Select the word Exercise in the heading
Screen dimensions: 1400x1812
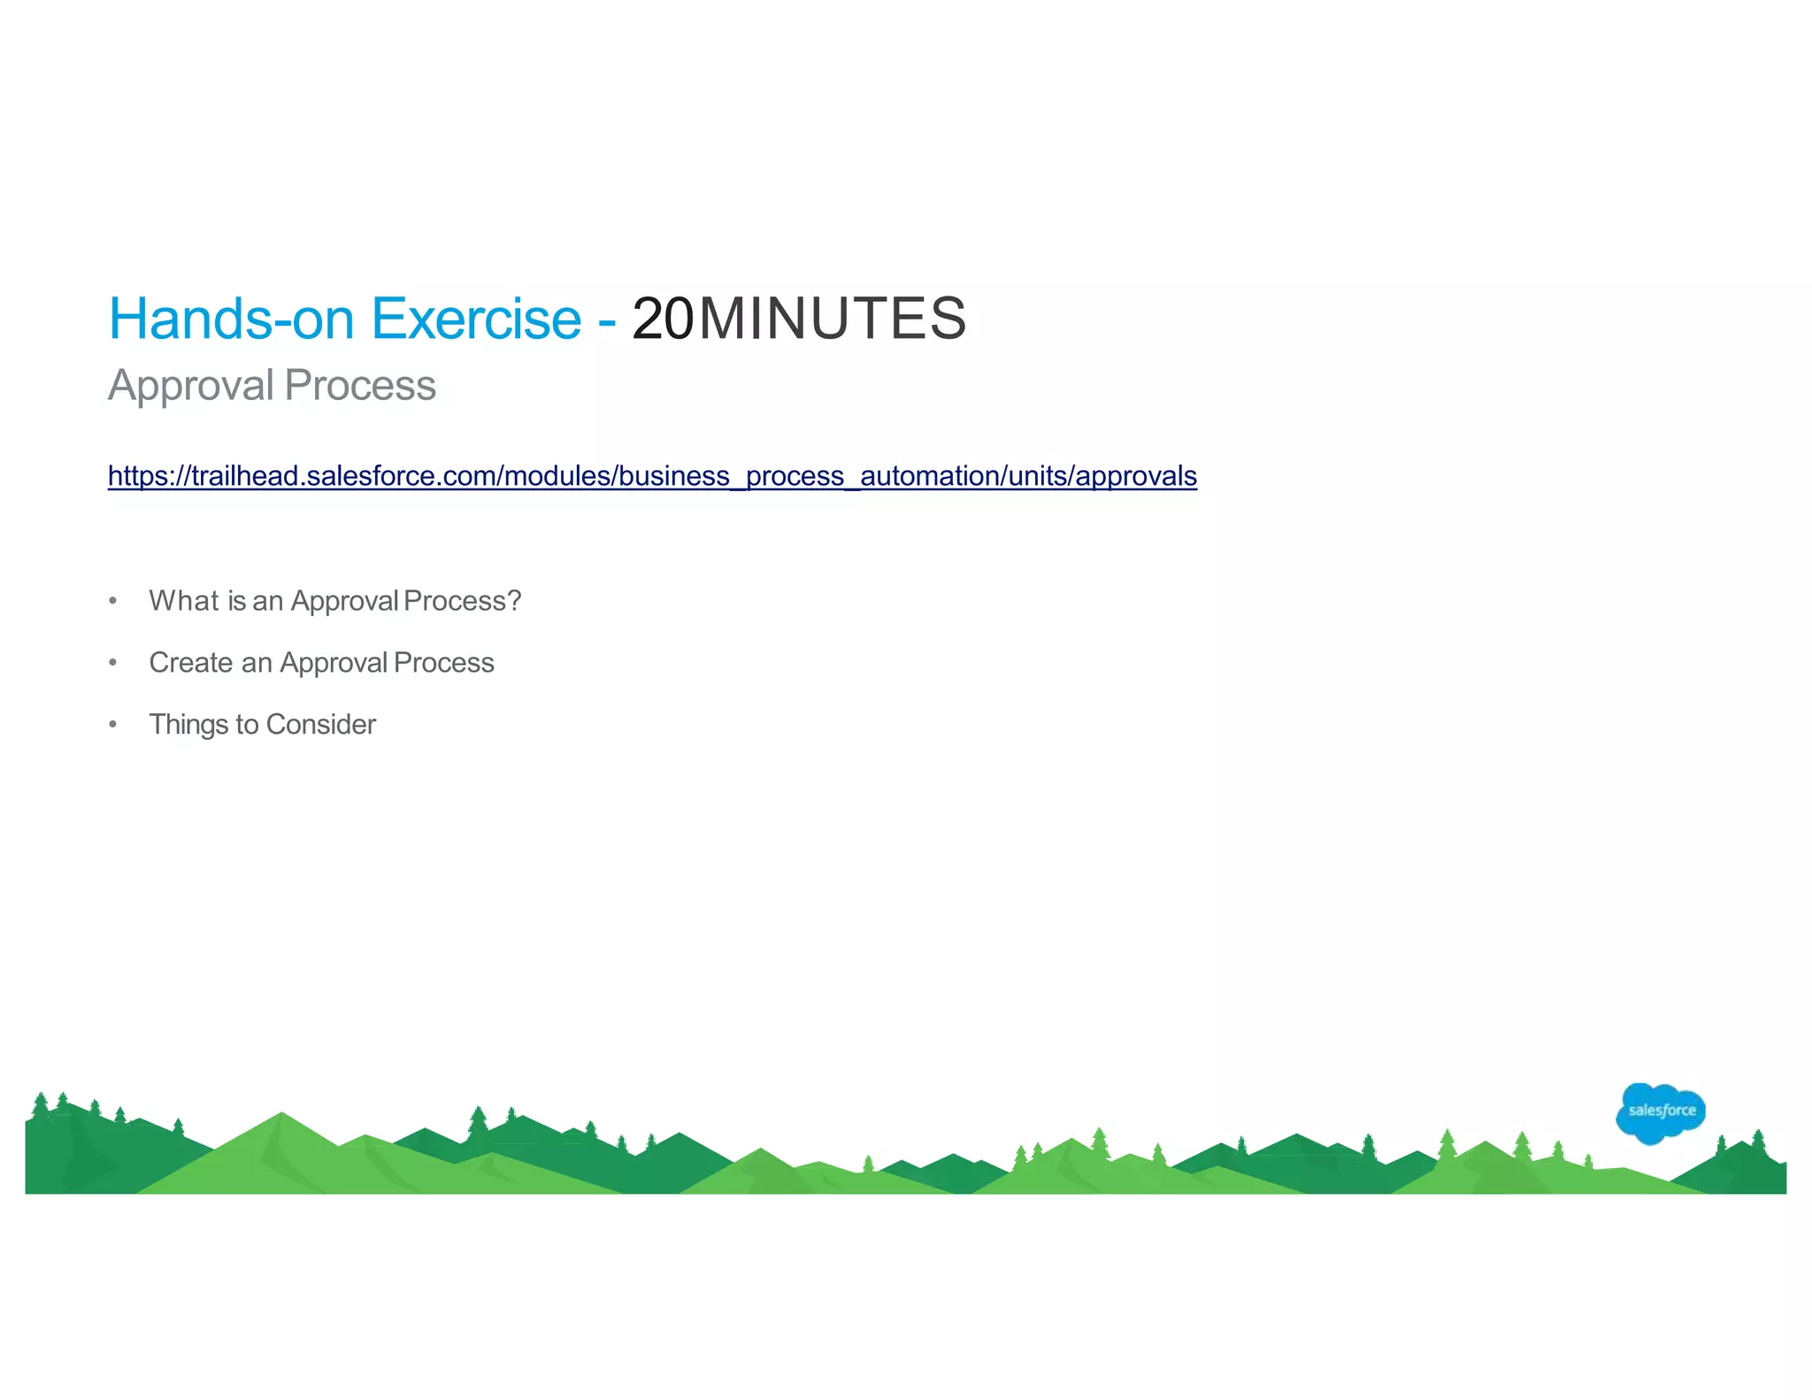(476, 319)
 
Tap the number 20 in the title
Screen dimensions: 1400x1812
(663, 319)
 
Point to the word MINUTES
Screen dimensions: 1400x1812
(833, 319)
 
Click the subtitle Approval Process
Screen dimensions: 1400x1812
(272, 386)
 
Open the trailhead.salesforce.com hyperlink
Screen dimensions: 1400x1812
(652, 476)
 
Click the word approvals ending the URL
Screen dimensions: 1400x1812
(1136, 476)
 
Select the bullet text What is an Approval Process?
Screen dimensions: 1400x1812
(334, 601)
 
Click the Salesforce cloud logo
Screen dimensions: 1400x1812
(1660, 1112)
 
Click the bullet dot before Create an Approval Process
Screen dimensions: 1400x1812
(112, 663)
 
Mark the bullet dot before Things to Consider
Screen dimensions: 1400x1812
(112, 725)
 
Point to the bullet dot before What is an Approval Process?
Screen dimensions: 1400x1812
(112, 601)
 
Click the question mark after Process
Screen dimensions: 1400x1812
(514, 601)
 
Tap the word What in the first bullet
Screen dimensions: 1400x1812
(184, 601)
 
